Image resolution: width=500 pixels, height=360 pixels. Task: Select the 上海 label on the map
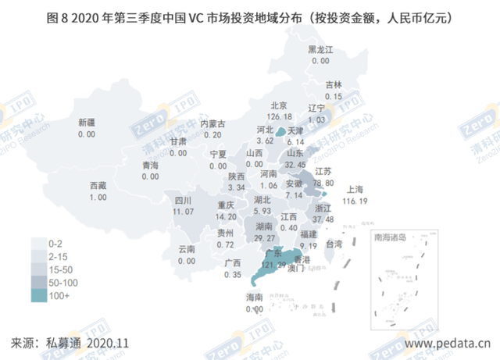pyautogui.click(x=355, y=189)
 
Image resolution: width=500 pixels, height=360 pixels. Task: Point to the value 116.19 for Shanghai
pyautogui.click(x=355, y=200)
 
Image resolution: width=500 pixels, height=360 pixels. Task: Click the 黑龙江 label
pyautogui.click(x=320, y=49)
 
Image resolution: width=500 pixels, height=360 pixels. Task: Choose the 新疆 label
pyautogui.click(x=87, y=123)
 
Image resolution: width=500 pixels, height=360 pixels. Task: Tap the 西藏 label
pyautogui.click(x=98, y=186)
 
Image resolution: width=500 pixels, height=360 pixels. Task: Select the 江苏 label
pyautogui.click(x=323, y=172)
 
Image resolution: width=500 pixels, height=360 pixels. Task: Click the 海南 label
pyautogui.click(x=255, y=298)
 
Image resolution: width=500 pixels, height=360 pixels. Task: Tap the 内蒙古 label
pyautogui.click(x=213, y=124)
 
